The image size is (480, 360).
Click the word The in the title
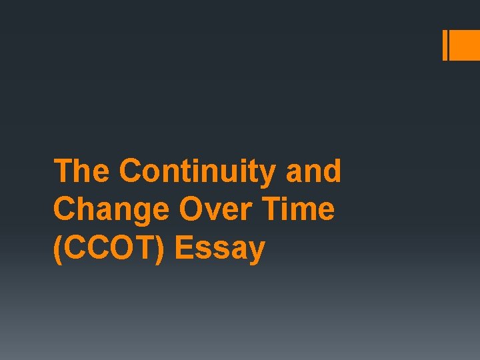pyautogui.click(x=82, y=171)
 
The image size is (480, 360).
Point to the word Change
pyautogui.click(x=110, y=211)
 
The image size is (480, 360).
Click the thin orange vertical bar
pyautogui.click(x=445, y=45)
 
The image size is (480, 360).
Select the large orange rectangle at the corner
pyautogui.click(x=465, y=45)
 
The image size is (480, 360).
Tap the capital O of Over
pyautogui.click(x=191, y=210)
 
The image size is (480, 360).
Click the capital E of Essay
pyautogui.click(x=184, y=249)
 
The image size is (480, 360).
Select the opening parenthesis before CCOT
pyautogui.click(x=57, y=249)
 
